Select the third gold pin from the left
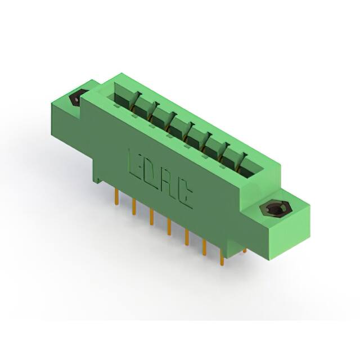pyautogui.click(x=151, y=217)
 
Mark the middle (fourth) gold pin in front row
pyautogui.click(x=169, y=227)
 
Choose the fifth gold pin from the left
pyautogui.click(x=186, y=237)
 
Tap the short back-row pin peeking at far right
pyautogui.click(x=244, y=250)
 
